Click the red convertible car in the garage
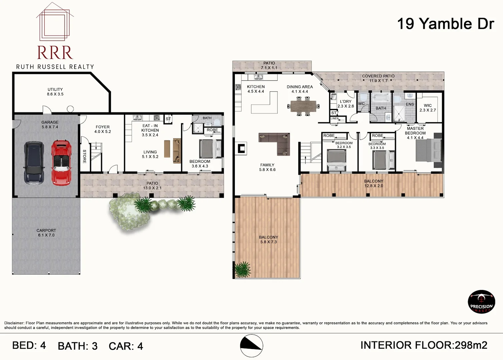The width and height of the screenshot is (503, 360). [61, 163]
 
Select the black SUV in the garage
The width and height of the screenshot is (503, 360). [34, 163]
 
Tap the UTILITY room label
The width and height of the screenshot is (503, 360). [55, 92]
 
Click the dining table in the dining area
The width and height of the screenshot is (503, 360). [303, 106]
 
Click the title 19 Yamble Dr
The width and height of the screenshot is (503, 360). [445, 24]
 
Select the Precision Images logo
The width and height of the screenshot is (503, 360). [481, 302]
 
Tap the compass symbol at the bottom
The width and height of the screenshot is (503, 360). [251, 346]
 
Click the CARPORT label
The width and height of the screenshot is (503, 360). [46, 233]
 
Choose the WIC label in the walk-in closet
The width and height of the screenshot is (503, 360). [428, 108]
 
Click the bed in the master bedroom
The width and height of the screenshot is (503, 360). [429, 150]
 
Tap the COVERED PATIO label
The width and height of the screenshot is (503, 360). [378, 78]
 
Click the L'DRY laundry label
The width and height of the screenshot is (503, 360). [346, 104]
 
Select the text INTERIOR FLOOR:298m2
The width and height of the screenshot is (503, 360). [424, 345]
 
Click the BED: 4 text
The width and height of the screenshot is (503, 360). [29, 346]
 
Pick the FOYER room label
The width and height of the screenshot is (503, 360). [102, 129]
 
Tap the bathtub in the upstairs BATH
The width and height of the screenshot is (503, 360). [381, 98]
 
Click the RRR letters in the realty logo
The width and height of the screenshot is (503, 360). [55, 53]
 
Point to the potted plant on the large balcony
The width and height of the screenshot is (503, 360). [242, 270]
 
